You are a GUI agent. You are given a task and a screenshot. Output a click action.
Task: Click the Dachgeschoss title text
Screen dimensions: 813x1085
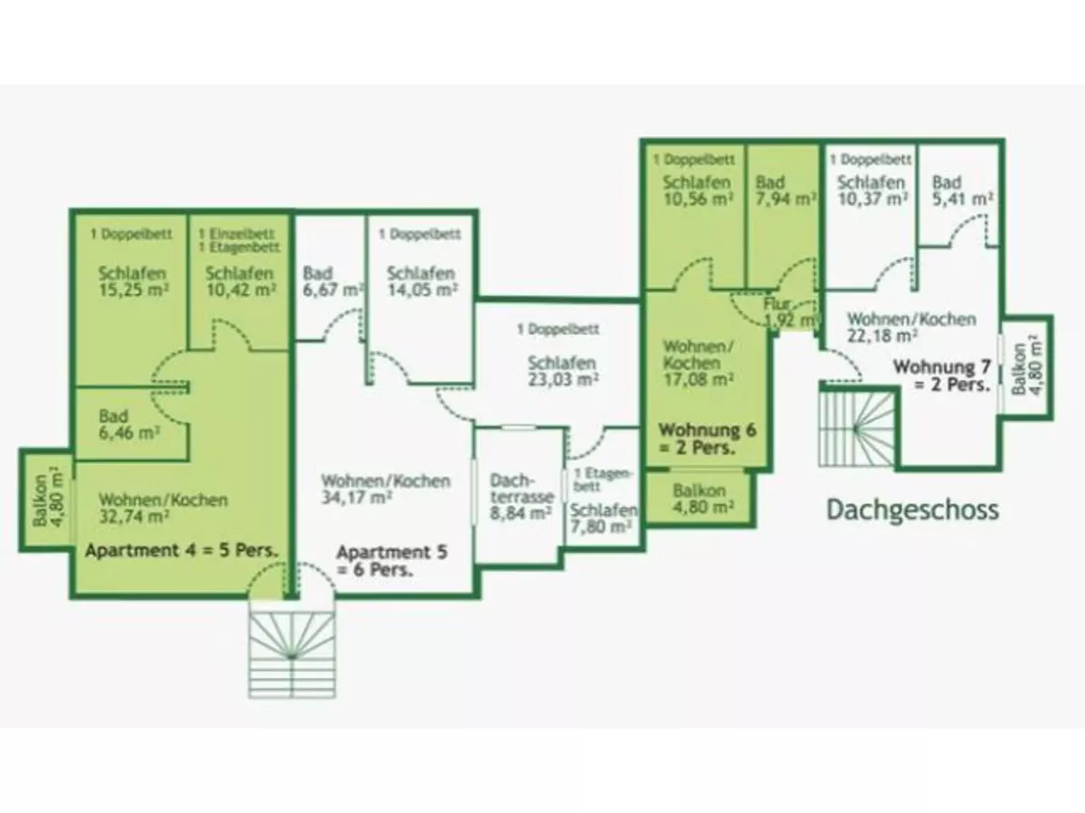click(912, 509)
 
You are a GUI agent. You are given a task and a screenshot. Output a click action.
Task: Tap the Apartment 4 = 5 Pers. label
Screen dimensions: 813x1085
click(181, 550)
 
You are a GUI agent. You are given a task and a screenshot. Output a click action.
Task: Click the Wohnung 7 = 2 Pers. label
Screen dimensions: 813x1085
click(941, 375)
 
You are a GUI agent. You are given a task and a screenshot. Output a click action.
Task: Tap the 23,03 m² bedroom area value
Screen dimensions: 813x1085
click(561, 380)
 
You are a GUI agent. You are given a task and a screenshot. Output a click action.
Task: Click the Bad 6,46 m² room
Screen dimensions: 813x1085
click(129, 425)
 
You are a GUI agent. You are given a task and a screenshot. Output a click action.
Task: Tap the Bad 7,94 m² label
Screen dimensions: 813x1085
click(782, 191)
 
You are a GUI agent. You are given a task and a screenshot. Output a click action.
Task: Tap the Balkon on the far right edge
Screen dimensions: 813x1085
click(1025, 365)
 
